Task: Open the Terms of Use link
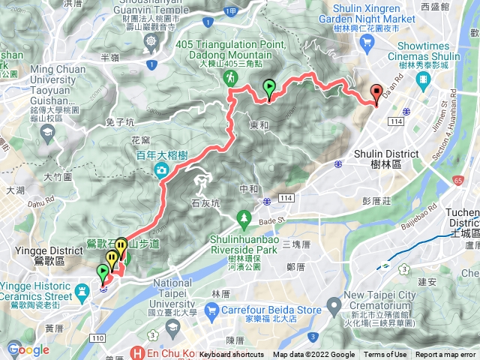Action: (x=385, y=355)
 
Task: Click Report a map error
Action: (x=446, y=355)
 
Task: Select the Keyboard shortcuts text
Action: (x=232, y=355)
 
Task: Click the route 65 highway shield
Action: (x=458, y=181)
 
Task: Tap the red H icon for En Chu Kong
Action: (x=136, y=352)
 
